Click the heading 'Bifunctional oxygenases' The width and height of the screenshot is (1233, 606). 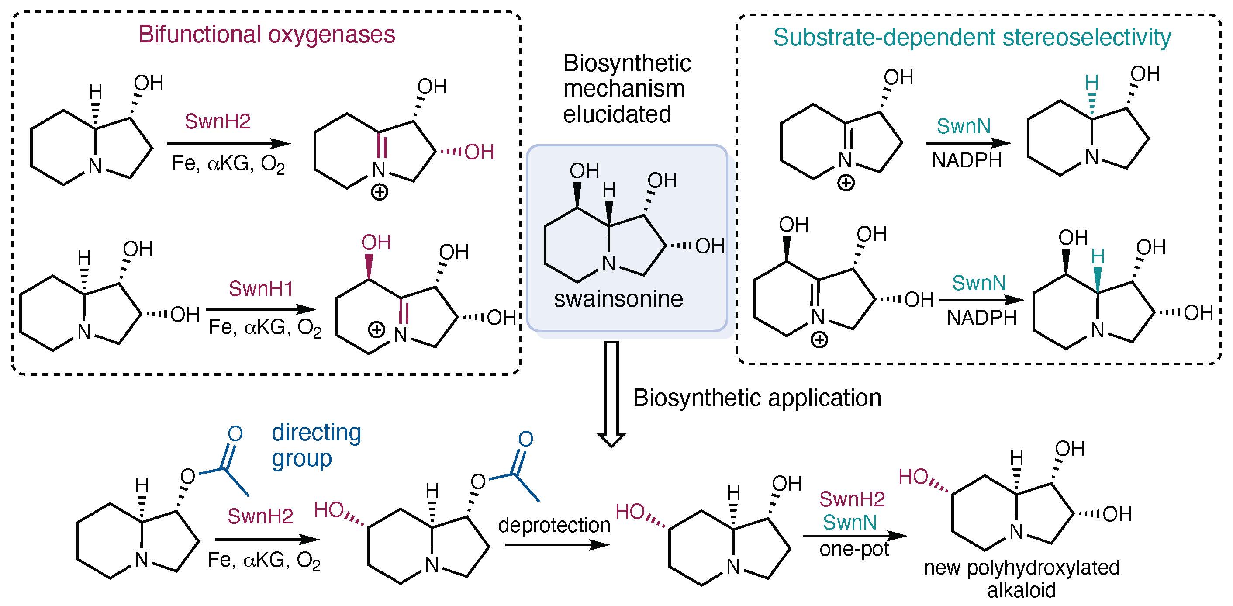tap(266, 35)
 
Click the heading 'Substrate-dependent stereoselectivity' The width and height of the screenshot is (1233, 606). tap(972, 37)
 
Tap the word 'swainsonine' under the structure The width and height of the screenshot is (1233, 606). tap(618, 299)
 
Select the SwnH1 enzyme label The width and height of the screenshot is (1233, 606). tap(260, 289)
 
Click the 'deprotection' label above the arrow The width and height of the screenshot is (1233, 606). tap(554, 525)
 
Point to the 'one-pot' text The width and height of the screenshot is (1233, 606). tap(854, 549)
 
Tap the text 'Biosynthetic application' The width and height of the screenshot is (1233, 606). tap(757, 398)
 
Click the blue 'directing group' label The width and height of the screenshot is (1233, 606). tap(316, 446)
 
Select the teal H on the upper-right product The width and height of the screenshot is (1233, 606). tap(1091, 83)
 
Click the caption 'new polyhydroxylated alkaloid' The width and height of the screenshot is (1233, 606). tap(1022, 578)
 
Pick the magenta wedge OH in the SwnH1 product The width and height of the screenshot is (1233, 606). tap(376, 243)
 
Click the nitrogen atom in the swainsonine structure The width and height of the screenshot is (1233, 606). tap(608, 263)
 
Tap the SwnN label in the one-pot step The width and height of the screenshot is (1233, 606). tap(850, 522)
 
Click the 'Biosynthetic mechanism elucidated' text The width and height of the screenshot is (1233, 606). tap(626, 89)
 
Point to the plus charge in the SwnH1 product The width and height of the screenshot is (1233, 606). tap(376, 330)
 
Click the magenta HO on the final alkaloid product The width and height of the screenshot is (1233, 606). tap(913, 477)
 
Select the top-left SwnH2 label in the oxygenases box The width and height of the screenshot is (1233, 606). tap(218, 121)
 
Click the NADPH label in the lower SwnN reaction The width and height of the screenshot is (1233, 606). tap(982, 318)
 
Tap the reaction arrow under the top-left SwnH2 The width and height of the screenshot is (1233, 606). tap(228, 144)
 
